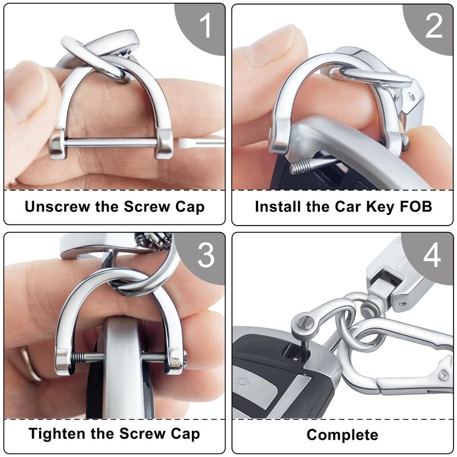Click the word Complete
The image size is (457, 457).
point(342,435)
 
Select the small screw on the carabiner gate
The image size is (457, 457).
point(444,376)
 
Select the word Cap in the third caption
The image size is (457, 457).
point(185,434)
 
